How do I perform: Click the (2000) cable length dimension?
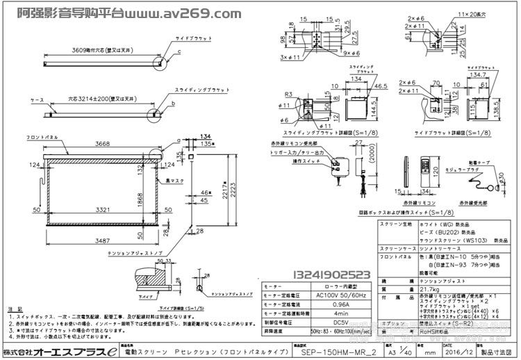373,167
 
